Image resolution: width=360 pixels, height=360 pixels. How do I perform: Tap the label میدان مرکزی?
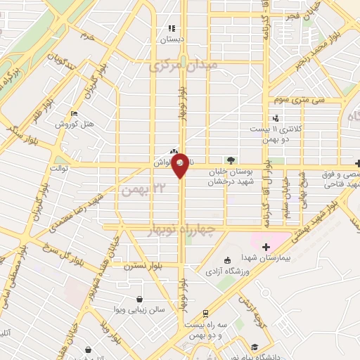coord(184,65)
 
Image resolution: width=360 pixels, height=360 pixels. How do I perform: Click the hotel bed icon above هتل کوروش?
coord(75,115)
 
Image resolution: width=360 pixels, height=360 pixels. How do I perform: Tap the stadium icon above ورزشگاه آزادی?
coord(226,261)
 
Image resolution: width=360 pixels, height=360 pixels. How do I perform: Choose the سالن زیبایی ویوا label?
coord(141,309)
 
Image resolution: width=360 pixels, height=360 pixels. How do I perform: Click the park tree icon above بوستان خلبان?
coord(232,160)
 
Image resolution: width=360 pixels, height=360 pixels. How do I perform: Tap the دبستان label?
coord(171,39)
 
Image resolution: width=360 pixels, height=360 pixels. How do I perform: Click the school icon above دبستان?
coord(170,29)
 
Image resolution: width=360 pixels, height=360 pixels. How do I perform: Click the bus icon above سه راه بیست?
coord(205,314)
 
